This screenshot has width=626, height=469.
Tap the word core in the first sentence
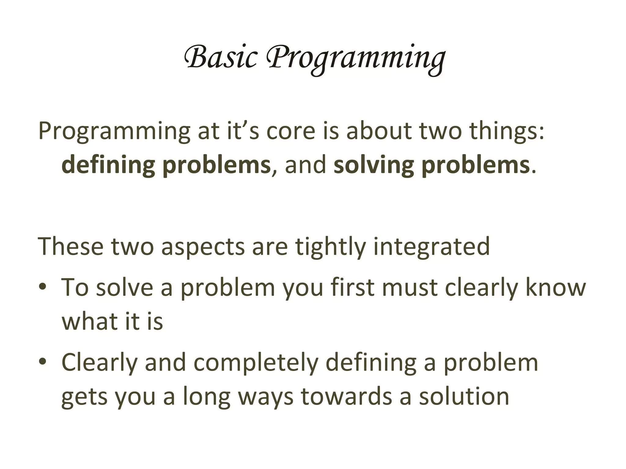coord(291,131)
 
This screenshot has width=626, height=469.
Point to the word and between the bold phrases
coord(305,165)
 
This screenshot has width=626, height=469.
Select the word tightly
coord(330,247)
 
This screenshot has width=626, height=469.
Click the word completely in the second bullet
coord(256,363)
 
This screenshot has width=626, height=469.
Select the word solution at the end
coord(464,396)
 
